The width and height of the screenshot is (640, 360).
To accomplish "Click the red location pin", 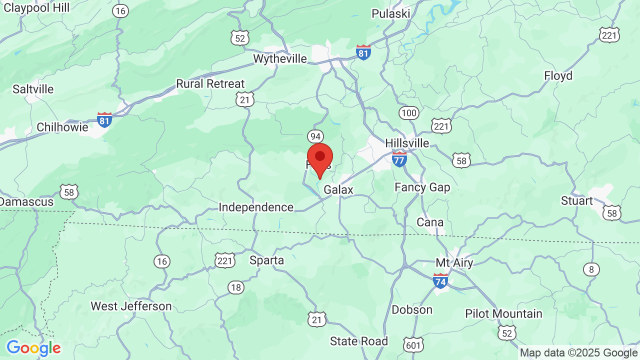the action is pos(320,159).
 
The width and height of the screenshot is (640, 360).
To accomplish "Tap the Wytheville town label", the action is pos(280,59).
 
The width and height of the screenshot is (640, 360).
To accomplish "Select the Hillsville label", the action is pos(407,143).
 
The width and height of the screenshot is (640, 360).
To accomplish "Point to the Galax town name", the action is pos(338,190).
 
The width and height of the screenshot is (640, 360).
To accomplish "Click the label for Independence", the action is pos(256,207).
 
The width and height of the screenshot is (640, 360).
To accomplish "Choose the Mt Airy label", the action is pos(454,263).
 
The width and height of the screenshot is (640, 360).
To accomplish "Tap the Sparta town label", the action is pos(266,260).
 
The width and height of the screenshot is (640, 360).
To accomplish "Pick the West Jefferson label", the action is pos(131,306).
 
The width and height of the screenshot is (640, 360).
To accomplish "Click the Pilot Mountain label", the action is pos(503,313).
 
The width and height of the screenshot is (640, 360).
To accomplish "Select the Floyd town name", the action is pos(558,76).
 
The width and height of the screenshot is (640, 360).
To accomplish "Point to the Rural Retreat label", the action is pos(210,84).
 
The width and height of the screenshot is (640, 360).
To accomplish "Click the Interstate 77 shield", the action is pos(399,159).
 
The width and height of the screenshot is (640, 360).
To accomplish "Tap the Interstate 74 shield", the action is pos(440,281).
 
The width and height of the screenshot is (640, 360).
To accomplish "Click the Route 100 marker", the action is pos(409,113).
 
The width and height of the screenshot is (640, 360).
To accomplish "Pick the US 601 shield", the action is pos(414,344).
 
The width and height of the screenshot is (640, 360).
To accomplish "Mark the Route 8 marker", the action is pos(591,269).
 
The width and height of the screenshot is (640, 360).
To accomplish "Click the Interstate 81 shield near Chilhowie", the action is pos(104,119).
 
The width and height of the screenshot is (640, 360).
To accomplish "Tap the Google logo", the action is pos(33,348).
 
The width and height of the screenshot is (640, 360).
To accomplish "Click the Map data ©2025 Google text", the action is pos(578,352).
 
